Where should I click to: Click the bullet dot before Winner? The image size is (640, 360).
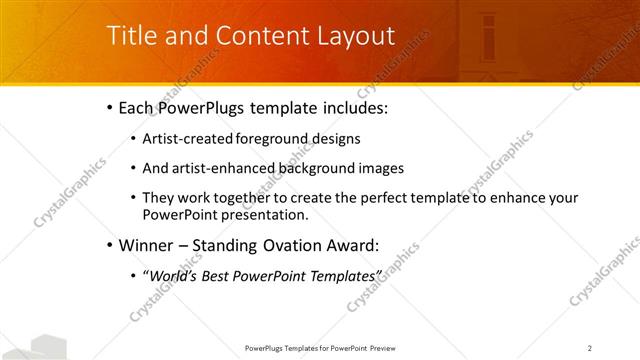coord(108,244)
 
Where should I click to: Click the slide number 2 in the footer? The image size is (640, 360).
coord(590,348)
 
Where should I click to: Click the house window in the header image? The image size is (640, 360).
coord(489,37)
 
